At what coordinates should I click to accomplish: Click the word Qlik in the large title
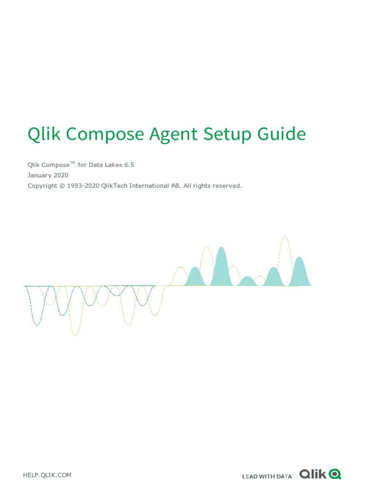pos(44,134)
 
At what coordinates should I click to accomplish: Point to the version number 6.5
pos(130,165)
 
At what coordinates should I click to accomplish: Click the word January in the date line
pos(39,175)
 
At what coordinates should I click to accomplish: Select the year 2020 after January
pos(61,175)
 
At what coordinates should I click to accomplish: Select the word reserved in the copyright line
pos(227,185)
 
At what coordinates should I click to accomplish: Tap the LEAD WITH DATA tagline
pos(267,476)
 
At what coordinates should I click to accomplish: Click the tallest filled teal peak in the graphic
pos(221,269)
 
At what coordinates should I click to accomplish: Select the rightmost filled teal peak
pos(299,274)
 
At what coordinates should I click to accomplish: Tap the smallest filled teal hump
pos(247,282)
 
